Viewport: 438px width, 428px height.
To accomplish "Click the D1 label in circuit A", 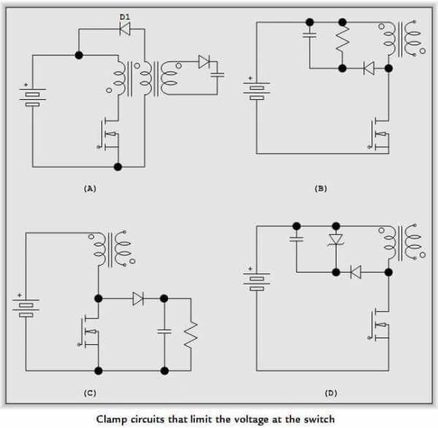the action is point(125,17).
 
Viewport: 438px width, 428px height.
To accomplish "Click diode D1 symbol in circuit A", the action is point(125,28).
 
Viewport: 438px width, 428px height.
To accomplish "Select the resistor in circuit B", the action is point(342,39).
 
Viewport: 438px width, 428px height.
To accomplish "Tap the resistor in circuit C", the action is point(191,335).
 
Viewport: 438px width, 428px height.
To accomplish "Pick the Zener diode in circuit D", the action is point(336,240).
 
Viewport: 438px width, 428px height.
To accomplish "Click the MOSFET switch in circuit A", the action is point(109,134).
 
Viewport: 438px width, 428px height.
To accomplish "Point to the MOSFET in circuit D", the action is point(379,324).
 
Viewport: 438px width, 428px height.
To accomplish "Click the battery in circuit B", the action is point(256,89).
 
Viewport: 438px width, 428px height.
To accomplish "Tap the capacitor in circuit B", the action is point(310,35).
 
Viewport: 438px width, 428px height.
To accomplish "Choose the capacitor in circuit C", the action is point(164,332).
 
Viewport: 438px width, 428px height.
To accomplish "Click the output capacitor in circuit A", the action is point(218,75).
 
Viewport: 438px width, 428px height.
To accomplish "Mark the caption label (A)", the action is point(90,189).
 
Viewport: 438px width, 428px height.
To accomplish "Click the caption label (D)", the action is point(331,393).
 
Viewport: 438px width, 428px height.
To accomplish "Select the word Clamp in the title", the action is point(112,419).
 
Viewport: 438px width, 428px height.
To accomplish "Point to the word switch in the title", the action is point(319,419).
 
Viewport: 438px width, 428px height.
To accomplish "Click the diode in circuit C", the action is point(138,299).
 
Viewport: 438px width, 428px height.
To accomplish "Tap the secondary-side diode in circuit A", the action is point(204,62).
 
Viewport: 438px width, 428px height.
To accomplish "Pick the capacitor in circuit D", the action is point(296,239).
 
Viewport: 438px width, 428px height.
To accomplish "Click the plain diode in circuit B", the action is point(369,68).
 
